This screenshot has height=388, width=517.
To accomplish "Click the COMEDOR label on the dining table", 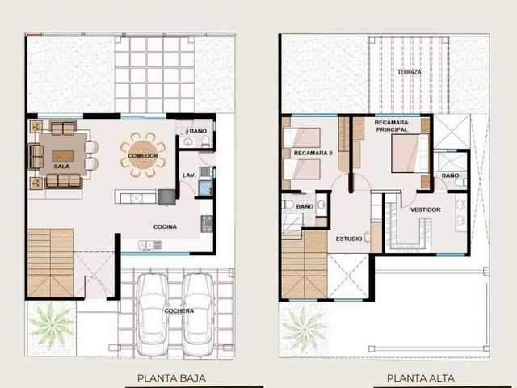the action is [x=143, y=156].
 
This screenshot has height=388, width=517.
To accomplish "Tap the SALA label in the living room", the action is [x=61, y=167].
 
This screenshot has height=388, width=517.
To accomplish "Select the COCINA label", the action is [x=165, y=226].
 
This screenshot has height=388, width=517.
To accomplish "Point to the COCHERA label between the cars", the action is [x=179, y=310].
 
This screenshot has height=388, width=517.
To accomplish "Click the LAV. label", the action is [x=189, y=175].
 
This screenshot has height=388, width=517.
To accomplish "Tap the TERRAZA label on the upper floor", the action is [x=410, y=72].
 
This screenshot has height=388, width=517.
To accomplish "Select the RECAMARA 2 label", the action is [x=313, y=153].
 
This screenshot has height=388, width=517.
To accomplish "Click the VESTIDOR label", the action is [x=426, y=209].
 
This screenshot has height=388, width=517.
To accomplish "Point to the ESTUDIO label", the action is [x=349, y=238].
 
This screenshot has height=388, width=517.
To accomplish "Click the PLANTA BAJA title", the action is [x=171, y=378].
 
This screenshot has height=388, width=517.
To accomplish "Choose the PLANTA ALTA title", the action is [x=421, y=378].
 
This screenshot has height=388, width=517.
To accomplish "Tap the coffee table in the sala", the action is [x=63, y=156].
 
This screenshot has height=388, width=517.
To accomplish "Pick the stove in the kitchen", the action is [x=207, y=224].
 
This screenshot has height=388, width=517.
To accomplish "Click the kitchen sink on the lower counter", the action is [x=150, y=245].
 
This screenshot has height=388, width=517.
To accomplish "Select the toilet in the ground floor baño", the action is [x=205, y=141].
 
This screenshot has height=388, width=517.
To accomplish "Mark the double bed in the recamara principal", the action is [x=410, y=154].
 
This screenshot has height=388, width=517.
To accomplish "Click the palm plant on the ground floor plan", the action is [x=52, y=325].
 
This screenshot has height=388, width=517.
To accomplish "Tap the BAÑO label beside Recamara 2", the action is [x=305, y=207].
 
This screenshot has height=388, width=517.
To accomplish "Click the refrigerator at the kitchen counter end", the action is [x=166, y=196].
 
